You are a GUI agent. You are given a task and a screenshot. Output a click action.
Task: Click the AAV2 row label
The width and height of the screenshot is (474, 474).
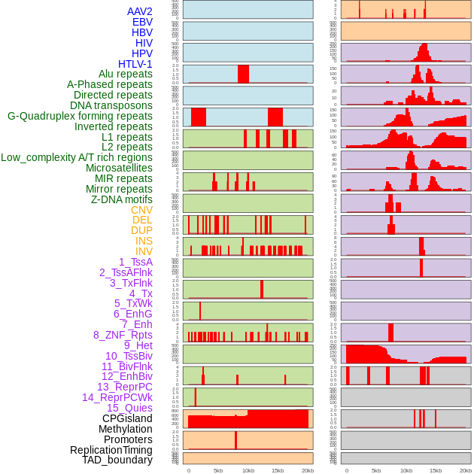[x=140, y=12]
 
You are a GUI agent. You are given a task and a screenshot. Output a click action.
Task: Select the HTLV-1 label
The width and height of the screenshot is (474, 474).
[x=135, y=64]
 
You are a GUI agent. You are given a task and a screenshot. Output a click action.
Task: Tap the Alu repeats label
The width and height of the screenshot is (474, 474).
[x=126, y=74]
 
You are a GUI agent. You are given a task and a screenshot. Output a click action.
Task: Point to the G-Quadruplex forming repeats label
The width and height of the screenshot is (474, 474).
[x=80, y=116]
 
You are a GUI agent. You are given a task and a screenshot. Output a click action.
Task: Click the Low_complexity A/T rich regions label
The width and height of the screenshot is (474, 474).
[x=77, y=157]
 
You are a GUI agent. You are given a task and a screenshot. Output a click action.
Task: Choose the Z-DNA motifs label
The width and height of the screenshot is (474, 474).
[x=122, y=199]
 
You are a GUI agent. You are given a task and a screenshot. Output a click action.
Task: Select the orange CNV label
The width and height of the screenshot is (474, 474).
[x=141, y=210]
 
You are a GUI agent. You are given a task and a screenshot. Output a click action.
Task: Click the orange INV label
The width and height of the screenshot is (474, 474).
[x=144, y=251]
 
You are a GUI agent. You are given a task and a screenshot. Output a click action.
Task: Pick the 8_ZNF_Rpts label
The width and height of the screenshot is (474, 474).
[x=123, y=335]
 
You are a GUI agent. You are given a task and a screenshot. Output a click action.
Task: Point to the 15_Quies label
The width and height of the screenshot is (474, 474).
[x=129, y=408]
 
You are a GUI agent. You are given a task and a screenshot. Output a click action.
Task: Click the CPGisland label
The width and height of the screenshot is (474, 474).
[x=127, y=418]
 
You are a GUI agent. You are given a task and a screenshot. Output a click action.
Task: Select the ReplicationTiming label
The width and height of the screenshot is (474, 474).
[x=111, y=450]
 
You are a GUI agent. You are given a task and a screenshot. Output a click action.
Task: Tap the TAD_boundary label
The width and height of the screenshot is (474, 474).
[x=117, y=460]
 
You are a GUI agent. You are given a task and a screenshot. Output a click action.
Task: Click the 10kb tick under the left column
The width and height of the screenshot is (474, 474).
[x=248, y=470]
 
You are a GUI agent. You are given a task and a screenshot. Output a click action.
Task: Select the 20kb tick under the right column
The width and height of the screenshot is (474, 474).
[x=465, y=470]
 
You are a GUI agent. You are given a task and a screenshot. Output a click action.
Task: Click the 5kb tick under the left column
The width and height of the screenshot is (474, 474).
[x=218, y=470]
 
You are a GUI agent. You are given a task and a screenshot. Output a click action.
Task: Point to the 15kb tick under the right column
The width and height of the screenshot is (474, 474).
[x=436, y=470]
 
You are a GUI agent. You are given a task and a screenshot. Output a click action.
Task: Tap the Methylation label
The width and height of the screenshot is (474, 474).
[x=125, y=429]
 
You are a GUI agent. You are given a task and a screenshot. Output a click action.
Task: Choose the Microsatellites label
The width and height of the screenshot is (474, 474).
[x=119, y=168]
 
